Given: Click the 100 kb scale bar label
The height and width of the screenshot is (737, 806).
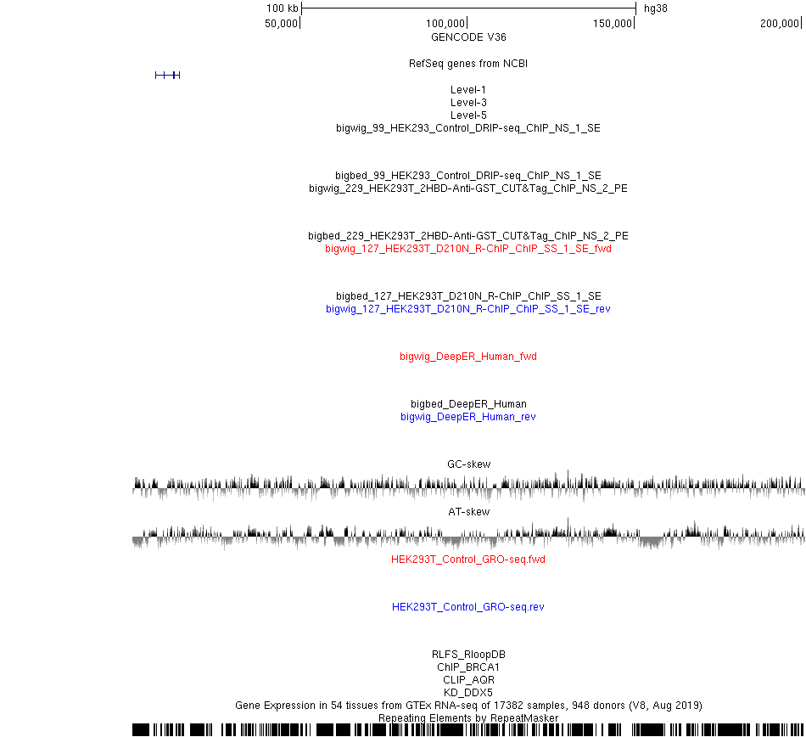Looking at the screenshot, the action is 283,8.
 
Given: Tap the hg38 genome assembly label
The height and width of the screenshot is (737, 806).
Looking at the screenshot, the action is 655,8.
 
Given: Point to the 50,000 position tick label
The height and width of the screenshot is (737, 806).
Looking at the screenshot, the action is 281,23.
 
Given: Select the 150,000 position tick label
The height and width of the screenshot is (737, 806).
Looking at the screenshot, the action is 613,23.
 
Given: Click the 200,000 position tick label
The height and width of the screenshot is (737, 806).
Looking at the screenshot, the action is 779,23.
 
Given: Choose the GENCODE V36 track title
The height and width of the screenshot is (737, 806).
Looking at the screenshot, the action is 468,37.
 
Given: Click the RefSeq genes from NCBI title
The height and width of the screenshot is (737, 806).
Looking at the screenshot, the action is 468,64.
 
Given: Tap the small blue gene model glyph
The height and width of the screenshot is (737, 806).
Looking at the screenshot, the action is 168,76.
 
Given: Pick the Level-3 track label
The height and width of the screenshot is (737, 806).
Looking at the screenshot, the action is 468,103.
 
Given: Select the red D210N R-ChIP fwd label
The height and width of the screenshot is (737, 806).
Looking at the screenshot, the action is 468,249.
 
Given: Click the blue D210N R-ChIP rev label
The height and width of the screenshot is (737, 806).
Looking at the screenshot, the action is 468,308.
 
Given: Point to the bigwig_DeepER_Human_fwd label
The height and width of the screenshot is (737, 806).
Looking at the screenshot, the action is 468,357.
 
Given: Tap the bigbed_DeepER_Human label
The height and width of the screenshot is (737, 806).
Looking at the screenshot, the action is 468,403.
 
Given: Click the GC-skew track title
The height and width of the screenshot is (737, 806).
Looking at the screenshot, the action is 469,464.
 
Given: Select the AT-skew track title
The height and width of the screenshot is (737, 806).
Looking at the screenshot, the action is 469,512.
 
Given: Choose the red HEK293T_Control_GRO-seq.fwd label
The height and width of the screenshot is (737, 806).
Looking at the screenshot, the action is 468,559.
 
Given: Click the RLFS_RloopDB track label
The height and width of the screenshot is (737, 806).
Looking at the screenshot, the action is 468,654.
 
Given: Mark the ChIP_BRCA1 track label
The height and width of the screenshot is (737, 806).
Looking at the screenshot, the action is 468,667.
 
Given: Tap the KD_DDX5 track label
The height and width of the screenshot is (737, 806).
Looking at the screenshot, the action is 468,692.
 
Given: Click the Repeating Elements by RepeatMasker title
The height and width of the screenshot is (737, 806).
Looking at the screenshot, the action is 468,718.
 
